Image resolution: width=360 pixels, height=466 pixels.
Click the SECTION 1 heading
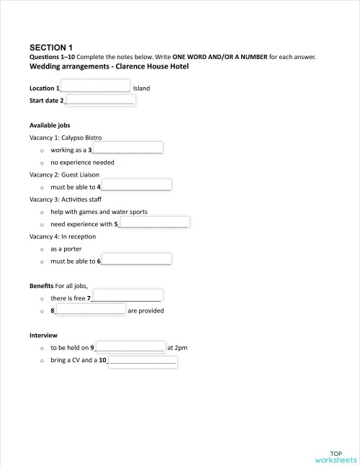coord(51,47)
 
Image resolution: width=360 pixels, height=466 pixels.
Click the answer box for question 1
coord(96,86)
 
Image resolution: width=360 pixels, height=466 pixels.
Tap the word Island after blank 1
coord(141,89)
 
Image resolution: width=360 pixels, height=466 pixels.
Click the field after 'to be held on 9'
coord(130,346)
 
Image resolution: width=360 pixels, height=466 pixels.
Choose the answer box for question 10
coord(143,360)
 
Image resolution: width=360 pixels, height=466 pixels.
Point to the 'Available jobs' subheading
coord(50,125)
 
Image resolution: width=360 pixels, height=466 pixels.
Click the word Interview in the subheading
coord(43,336)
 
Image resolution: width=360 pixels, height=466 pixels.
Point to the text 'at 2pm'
coord(177,348)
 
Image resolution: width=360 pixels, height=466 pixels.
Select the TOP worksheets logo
coord(336,457)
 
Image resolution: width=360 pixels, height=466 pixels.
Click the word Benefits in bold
coord(42,286)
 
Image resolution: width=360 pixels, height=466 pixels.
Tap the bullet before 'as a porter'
coord(42,249)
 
